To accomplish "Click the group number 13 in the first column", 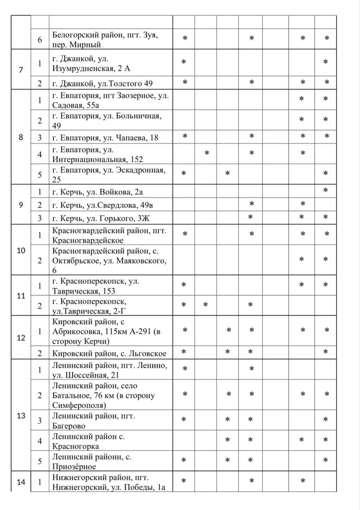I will pos(21,416).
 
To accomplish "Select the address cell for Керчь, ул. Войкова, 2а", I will pos(98,192).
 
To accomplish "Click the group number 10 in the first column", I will pos(21,251).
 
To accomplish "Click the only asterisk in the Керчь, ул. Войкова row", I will pos(326,190).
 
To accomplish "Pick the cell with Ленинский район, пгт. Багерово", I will pos(94,421).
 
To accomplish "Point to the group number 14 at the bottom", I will pos(21,482).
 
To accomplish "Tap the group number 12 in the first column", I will pos(21,338).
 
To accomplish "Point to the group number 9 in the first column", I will pos(21,205).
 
